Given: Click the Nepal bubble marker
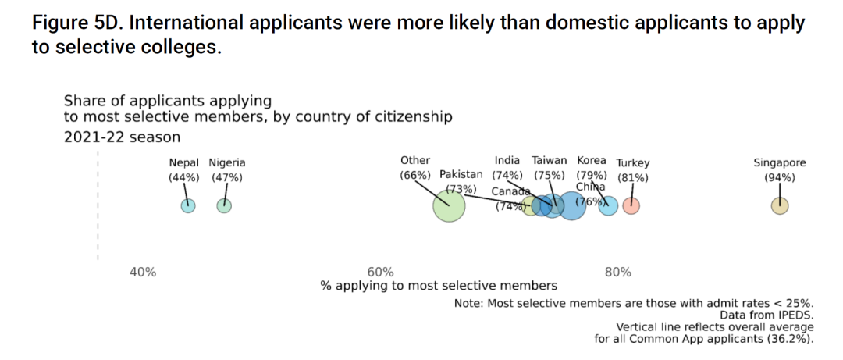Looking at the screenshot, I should coord(187,206).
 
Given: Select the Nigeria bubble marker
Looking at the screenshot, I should coord(224,206).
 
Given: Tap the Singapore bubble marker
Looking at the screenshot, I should coord(779,206).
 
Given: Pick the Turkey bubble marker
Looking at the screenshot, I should coord(632,206).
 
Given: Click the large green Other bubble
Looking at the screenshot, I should coord(449,206).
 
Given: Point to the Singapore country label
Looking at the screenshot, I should coord(779,163).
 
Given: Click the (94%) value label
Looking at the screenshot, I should coord(779,177).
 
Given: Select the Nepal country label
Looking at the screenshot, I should coord(184,163).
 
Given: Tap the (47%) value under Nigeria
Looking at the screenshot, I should coord(226,177).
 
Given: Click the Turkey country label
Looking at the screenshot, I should coord(632,163).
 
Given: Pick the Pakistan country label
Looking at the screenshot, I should coord(461,174).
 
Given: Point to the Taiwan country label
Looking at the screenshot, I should coord(550,161).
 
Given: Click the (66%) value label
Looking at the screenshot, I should coord(414,175).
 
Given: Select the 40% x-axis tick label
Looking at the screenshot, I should coord(142,273).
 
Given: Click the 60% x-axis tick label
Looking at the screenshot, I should coord(379,273).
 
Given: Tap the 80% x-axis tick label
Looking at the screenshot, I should coord(617,273).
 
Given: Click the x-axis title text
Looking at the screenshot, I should coord(439,286).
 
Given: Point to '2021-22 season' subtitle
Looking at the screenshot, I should coord(122,137).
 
